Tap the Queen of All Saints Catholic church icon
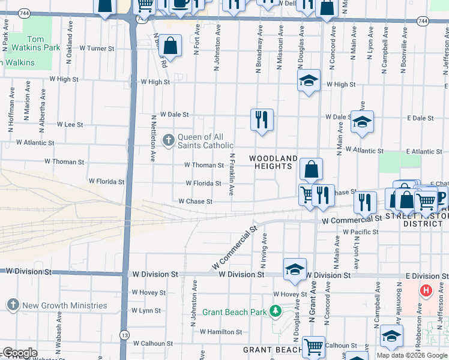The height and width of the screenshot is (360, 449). (169, 141)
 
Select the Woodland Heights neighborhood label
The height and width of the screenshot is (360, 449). (274, 162)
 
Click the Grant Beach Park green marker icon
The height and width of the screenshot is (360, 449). (276, 311)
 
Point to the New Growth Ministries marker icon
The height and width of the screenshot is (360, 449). (13, 305)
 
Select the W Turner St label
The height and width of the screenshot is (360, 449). (97, 48)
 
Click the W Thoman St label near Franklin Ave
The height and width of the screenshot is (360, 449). (204, 165)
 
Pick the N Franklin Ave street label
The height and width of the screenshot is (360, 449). (232, 174)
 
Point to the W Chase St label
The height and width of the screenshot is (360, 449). (196, 202)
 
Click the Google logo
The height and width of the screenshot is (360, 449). (20, 353)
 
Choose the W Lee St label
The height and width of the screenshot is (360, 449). (70, 124)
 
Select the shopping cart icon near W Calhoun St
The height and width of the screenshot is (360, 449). (313, 346)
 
